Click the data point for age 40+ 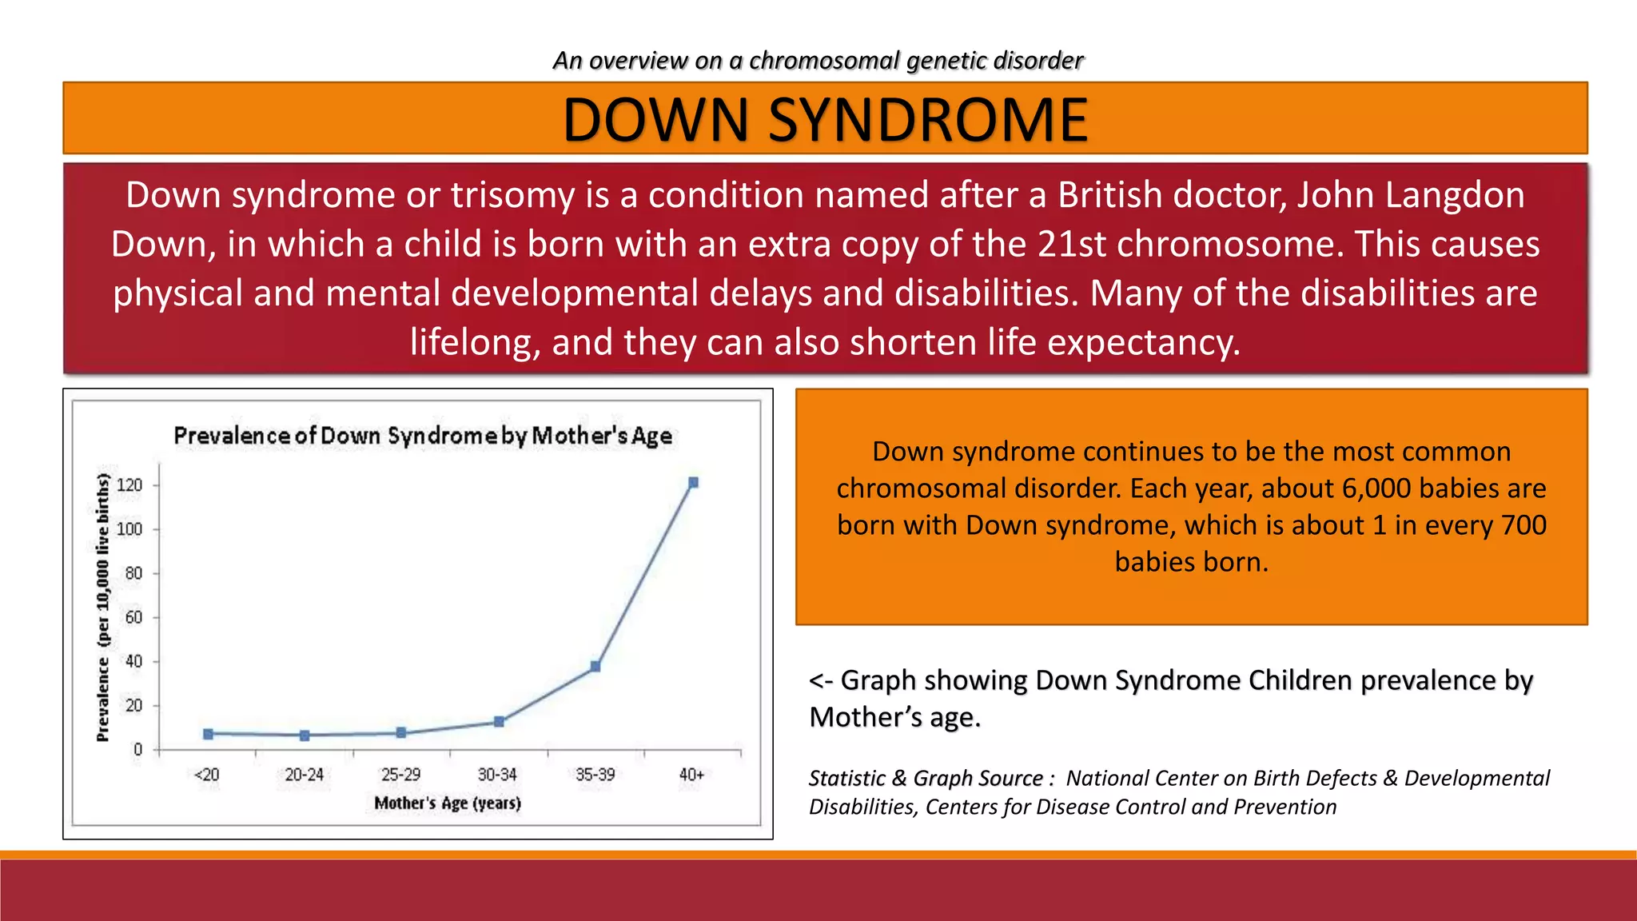[693, 483]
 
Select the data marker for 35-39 [595, 666]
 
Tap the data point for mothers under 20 [208, 734]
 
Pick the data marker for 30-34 [499, 722]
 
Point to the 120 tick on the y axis [129, 485]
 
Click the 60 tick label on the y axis [133, 617]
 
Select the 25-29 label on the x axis [400, 775]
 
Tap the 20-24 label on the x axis [304, 775]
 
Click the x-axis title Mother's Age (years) [448, 803]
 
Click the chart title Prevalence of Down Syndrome [422, 436]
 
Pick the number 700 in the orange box [1523, 525]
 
